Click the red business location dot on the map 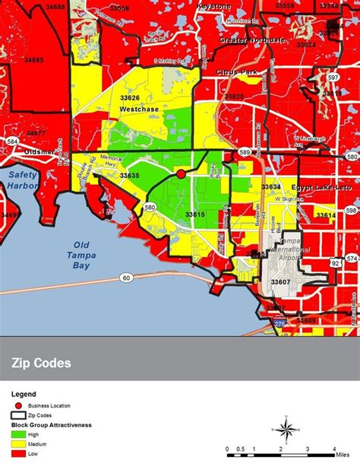click(x=181, y=174)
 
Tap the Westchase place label click(x=137, y=109)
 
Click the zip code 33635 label click(x=129, y=176)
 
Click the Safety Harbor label click(x=21, y=179)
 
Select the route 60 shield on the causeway click(x=125, y=279)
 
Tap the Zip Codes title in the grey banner click(x=42, y=363)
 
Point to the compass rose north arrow click(x=286, y=430)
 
